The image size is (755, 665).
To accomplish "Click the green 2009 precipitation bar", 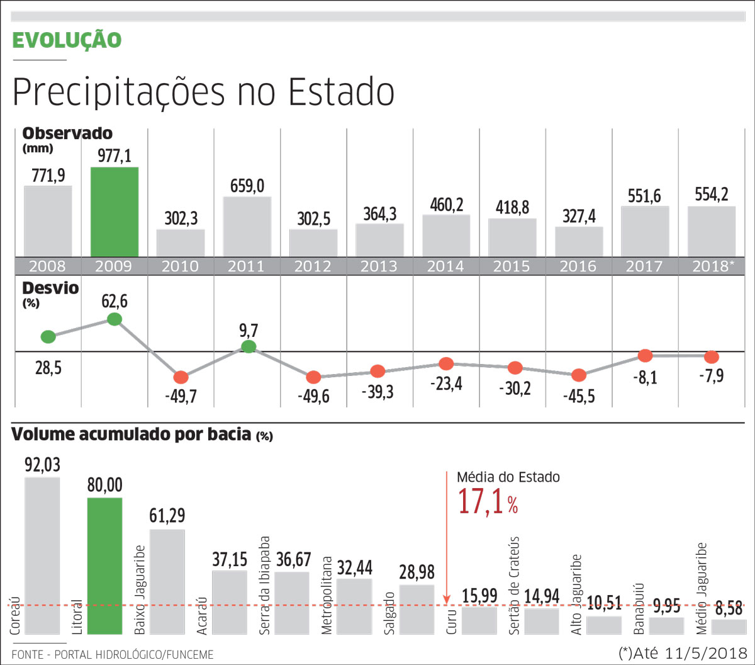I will point(115,212).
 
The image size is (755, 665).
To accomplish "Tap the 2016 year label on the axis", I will point(579,266).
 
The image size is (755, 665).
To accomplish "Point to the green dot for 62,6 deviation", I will point(114,319).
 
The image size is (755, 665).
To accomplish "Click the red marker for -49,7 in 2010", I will point(181,377).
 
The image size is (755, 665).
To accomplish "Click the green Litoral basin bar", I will point(104,566).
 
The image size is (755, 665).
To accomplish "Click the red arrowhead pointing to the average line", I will point(446,599).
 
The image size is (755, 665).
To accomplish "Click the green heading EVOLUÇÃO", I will point(67,40).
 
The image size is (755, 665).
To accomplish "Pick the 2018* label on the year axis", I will point(712,266).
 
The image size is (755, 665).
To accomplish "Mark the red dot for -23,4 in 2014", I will point(446,363).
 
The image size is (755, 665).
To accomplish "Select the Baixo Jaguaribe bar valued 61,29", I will point(167,582).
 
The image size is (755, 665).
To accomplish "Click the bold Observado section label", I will point(67,134).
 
